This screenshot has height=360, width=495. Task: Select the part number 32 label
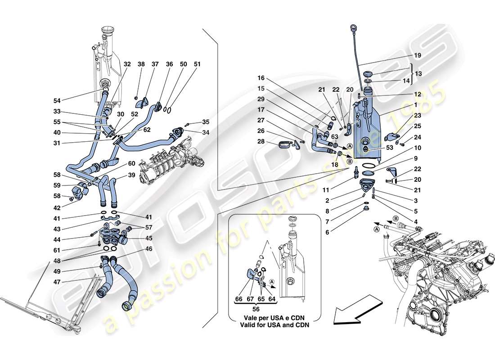(x=127, y=64)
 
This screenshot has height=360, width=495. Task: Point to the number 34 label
(x=206, y=132)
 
